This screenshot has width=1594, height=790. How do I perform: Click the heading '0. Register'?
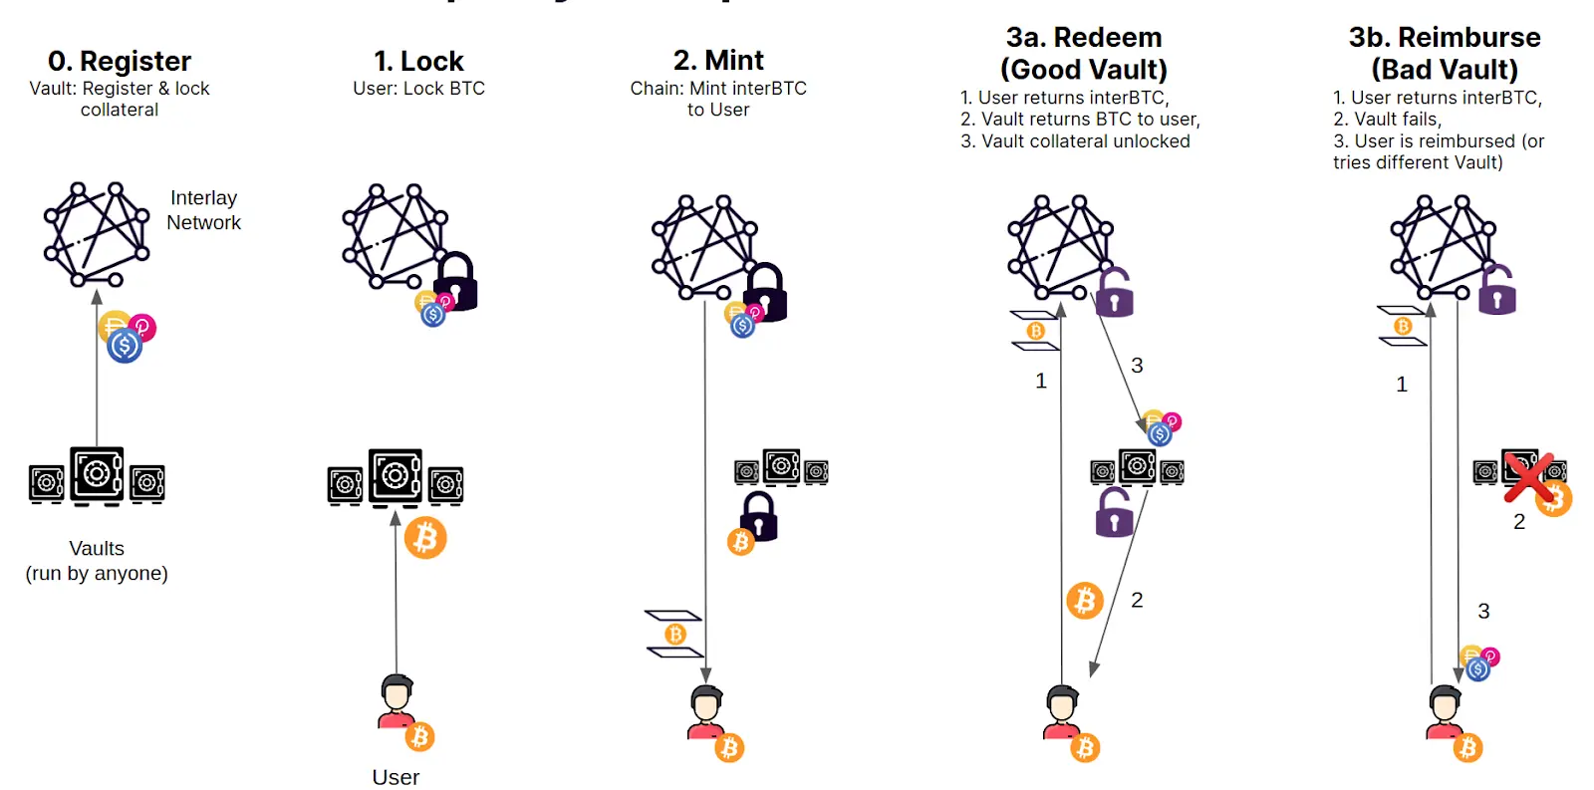pyautogui.click(x=120, y=61)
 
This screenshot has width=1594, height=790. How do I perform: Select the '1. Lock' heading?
pyautogui.click(x=418, y=61)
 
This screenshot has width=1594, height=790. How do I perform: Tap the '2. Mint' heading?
pyautogui.click(x=718, y=60)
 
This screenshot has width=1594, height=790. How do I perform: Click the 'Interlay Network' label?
pyautogui.click(x=203, y=210)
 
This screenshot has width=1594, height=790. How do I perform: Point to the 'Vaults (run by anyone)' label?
pyautogui.click(x=97, y=561)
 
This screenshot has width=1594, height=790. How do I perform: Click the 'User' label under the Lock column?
pyautogui.click(x=396, y=777)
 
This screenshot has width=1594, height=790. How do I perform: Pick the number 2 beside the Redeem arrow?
pyautogui.click(x=1137, y=600)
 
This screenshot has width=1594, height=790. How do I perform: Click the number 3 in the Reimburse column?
pyautogui.click(x=1483, y=611)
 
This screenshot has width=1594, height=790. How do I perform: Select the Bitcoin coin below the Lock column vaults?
pyautogui.click(x=425, y=538)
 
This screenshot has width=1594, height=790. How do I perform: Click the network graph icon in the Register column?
pyautogui.click(x=96, y=235)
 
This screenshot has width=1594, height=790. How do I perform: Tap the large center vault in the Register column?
pyautogui.click(x=97, y=474)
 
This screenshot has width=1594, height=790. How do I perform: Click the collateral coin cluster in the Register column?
pyautogui.click(x=127, y=336)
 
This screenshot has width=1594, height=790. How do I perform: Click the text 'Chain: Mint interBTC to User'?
pyautogui.click(x=718, y=99)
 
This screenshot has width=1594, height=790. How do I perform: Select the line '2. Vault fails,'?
pyautogui.click(x=1387, y=120)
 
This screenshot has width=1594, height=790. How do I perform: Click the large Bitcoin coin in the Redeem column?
pyautogui.click(x=1085, y=601)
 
